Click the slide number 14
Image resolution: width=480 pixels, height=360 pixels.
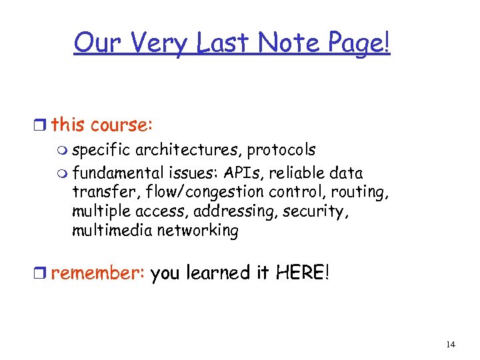451,344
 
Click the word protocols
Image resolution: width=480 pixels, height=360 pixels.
281,151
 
